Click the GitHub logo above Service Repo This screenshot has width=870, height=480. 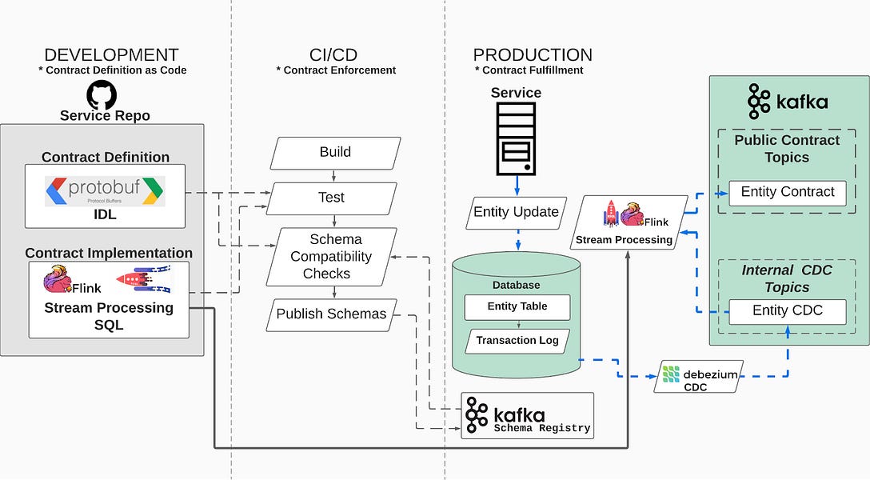[x=102, y=95]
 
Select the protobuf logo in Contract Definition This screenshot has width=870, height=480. [x=105, y=191]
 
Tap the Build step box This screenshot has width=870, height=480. [x=335, y=153]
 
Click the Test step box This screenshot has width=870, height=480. [x=332, y=198]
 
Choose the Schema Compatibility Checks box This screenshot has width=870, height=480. [x=332, y=257]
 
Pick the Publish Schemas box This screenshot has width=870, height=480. [x=332, y=314]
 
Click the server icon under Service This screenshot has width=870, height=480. [x=516, y=138]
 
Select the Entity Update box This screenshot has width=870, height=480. [x=516, y=213]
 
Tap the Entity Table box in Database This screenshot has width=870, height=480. [x=517, y=307]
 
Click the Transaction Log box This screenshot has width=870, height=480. [x=517, y=342]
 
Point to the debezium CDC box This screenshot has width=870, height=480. [x=699, y=377]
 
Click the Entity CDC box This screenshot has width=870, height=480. [x=788, y=312]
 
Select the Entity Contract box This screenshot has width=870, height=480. [x=788, y=193]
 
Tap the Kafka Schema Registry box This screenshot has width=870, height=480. [x=527, y=416]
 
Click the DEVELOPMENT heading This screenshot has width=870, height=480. [x=111, y=55]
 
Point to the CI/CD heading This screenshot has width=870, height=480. [x=333, y=55]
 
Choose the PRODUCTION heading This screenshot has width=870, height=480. [x=533, y=55]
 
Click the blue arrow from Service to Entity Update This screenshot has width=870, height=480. [x=517, y=186]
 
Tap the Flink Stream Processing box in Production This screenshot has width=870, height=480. [x=629, y=222]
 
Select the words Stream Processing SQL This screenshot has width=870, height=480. [x=109, y=316]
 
